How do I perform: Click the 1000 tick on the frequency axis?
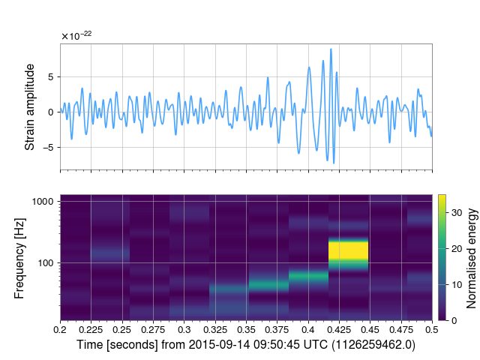[x=43, y=202]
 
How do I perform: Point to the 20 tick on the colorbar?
[x=459, y=248]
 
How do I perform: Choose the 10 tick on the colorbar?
[x=459, y=284]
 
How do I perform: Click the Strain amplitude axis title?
[x=30, y=107]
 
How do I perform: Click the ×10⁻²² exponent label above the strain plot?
[x=76, y=35]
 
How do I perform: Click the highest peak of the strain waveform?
[x=331, y=50]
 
